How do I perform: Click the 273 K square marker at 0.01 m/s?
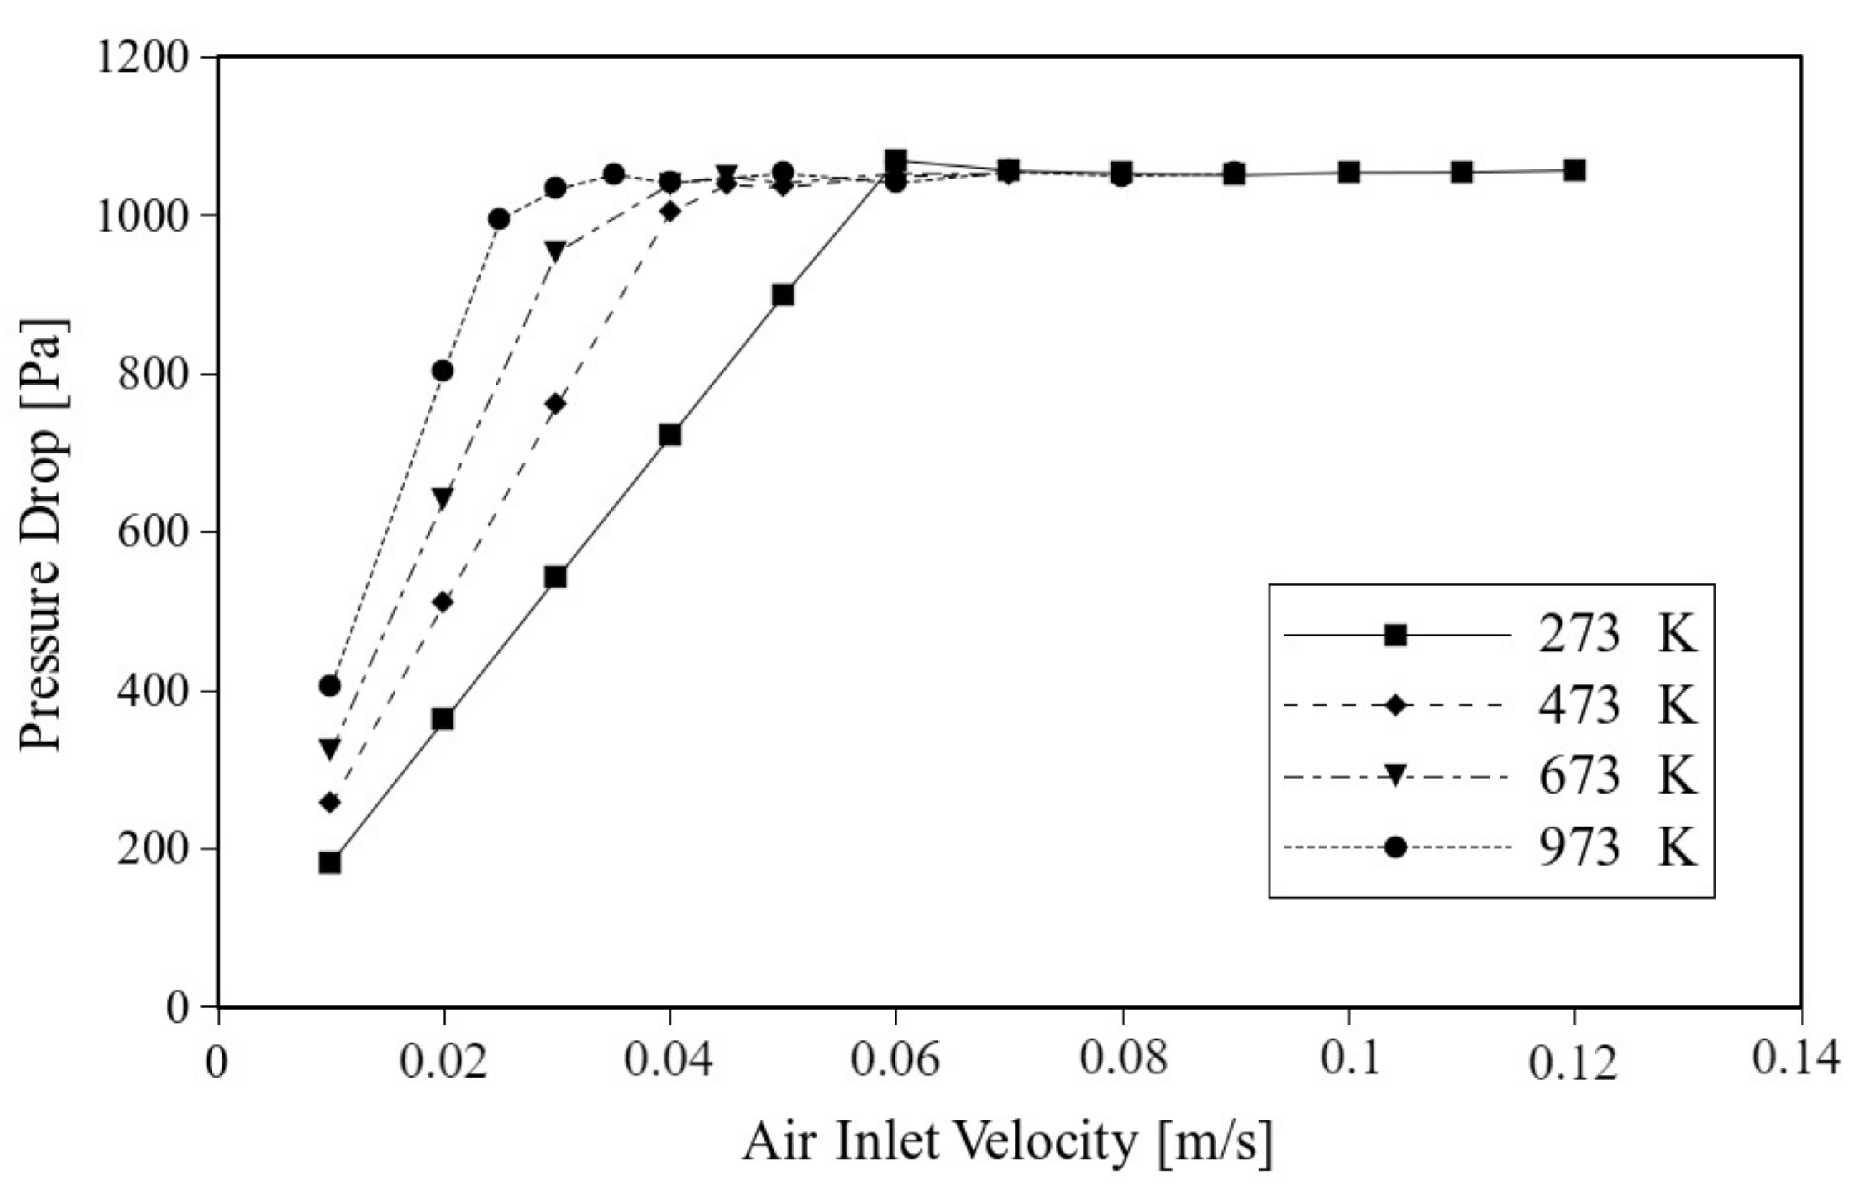(330, 862)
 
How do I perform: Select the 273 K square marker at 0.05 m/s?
(782, 295)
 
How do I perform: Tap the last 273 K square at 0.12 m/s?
(1575, 170)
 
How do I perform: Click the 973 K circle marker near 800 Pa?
(443, 372)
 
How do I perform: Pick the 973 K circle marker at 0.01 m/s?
(330, 686)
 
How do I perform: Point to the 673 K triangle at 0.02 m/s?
(443, 498)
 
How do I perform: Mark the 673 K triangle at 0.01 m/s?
(330, 748)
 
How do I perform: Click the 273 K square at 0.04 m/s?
(669, 435)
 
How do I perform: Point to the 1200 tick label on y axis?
(143, 57)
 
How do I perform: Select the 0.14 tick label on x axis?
(1796, 1060)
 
